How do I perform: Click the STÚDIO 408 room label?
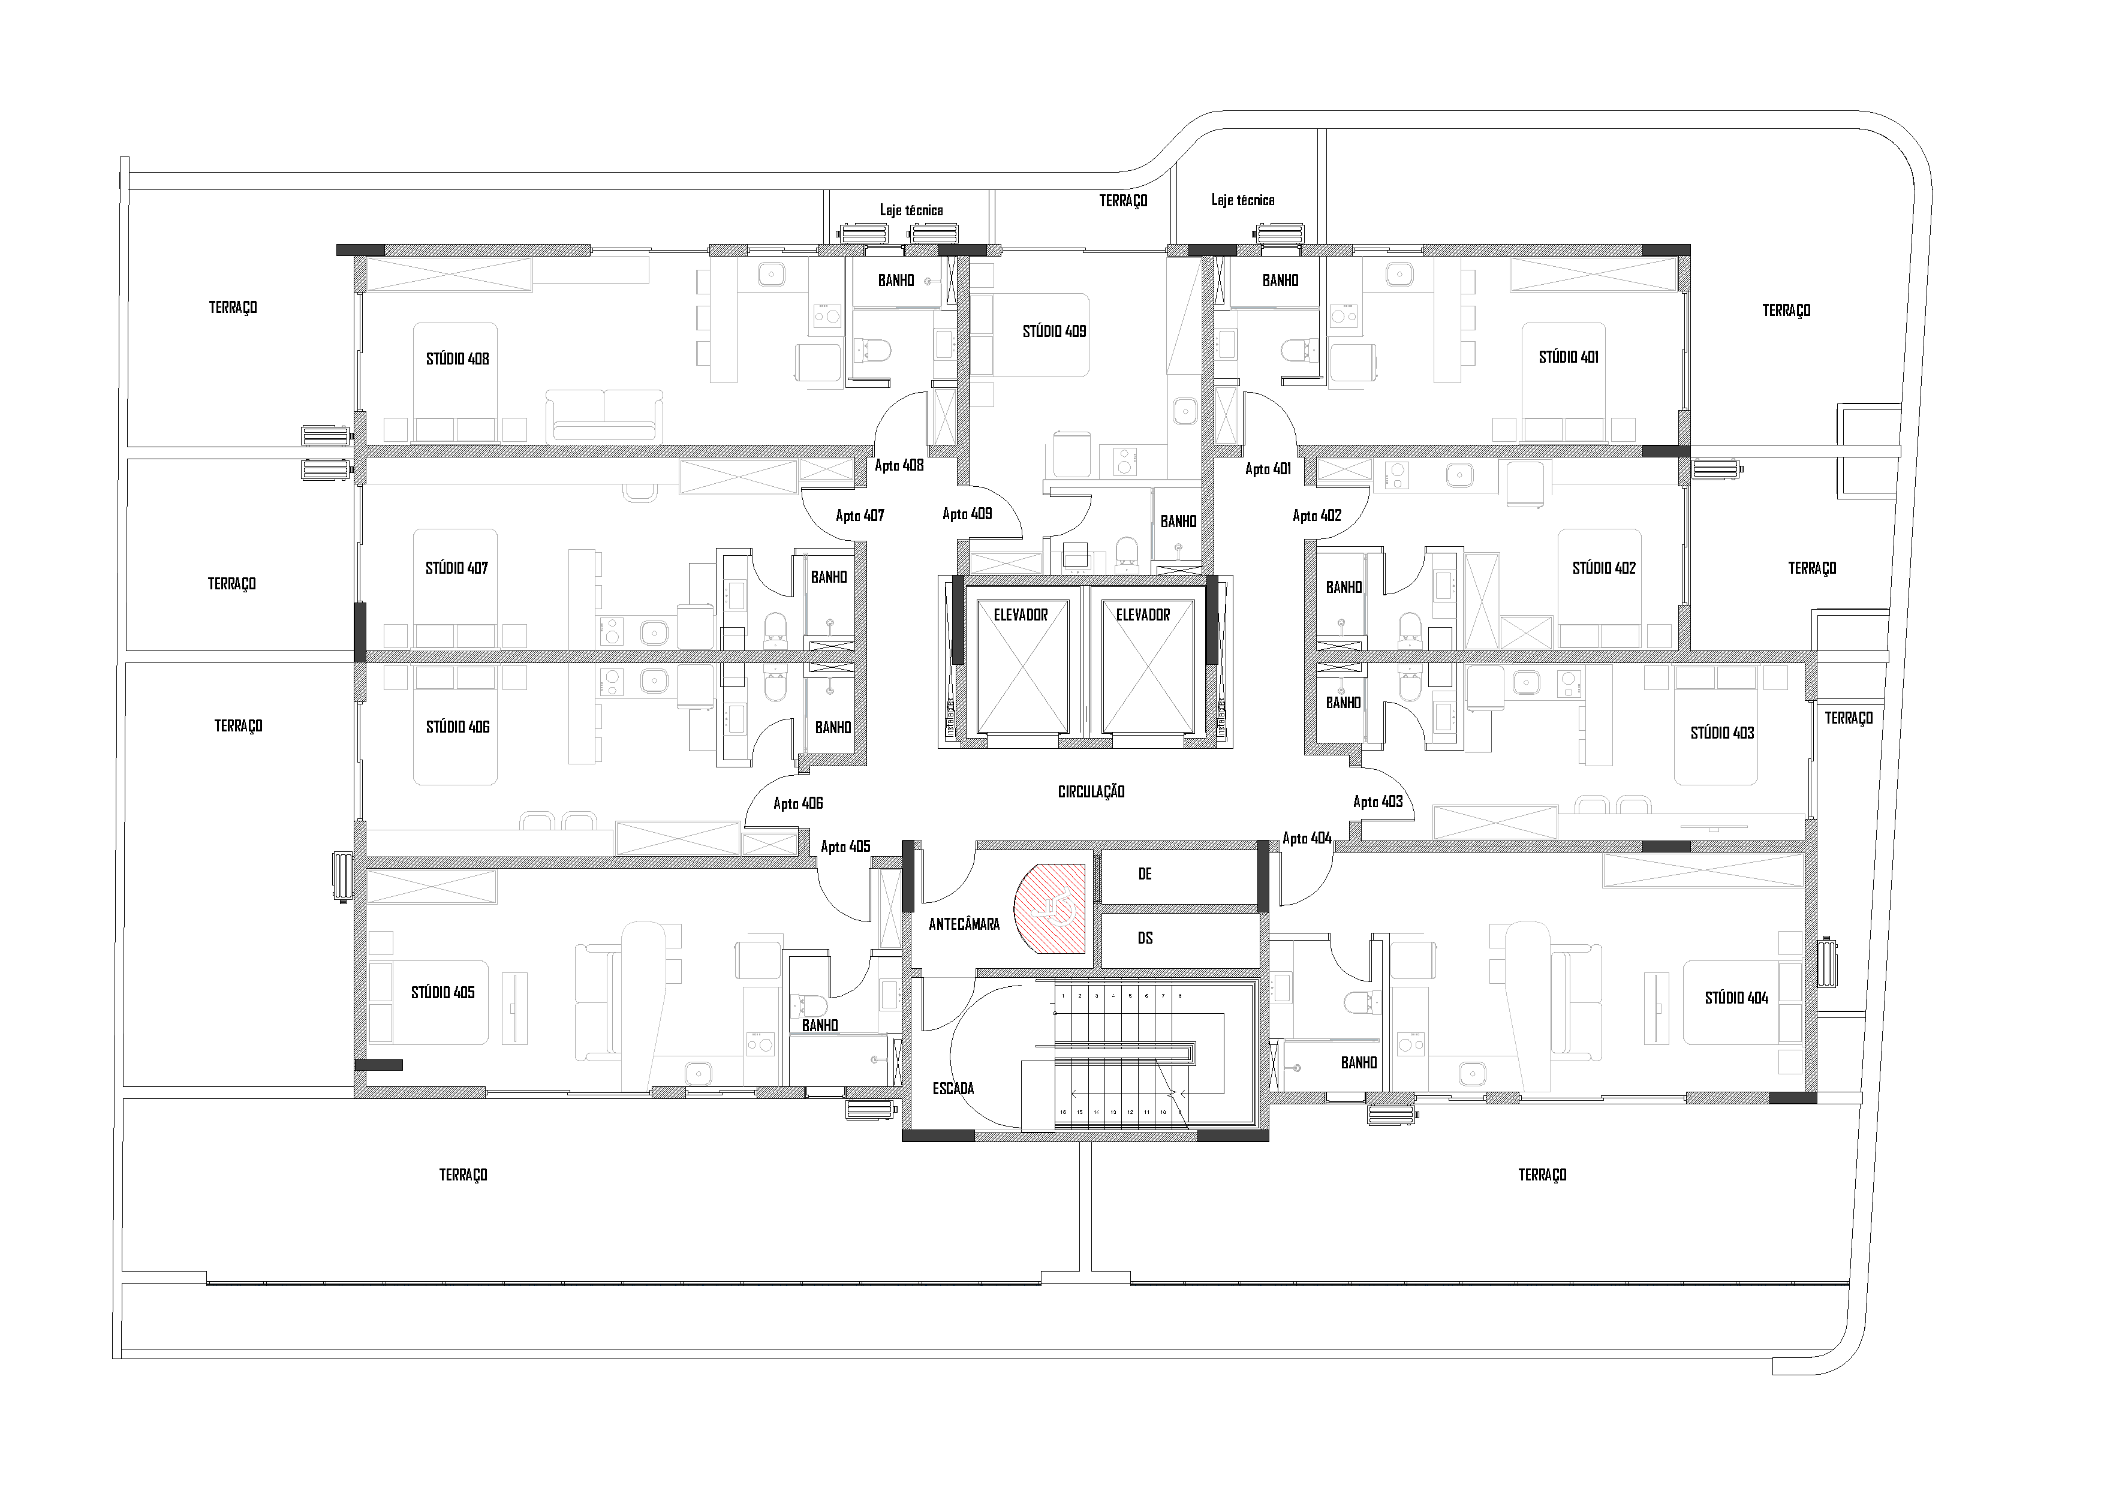click(457, 359)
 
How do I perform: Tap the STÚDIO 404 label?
click(1736, 998)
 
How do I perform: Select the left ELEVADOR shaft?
click(1021, 669)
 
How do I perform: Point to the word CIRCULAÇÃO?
click(1091, 791)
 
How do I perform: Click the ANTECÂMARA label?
click(964, 924)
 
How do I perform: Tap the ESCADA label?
click(953, 1089)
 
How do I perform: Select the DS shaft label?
click(1145, 938)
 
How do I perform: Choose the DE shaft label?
click(1145, 874)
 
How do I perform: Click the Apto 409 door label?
click(967, 514)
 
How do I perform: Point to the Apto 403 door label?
click(1377, 802)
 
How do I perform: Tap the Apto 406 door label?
click(798, 803)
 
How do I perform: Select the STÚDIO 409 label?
click(1054, 332)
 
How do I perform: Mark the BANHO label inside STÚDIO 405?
click(819, 1025)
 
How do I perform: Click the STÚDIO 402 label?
click(1604, 568)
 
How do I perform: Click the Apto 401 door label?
click(1268, 469)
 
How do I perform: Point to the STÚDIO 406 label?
click(457, 727)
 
